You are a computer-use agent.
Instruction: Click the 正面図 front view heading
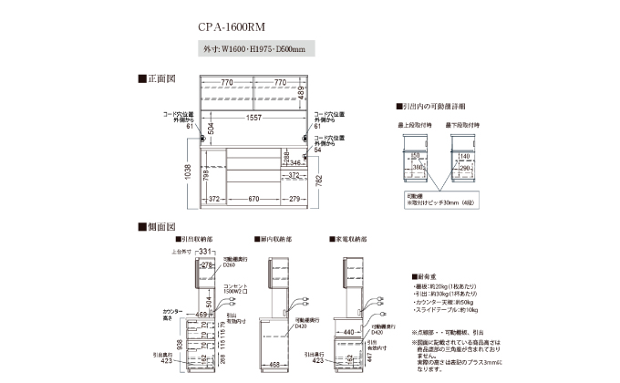point(158,79)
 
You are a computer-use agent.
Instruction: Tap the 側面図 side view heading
point(158,225)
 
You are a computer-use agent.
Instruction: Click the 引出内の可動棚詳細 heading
point(434,107)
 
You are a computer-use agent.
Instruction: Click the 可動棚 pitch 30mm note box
point(438,199)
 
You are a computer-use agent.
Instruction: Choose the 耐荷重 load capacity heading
point(426,274)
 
